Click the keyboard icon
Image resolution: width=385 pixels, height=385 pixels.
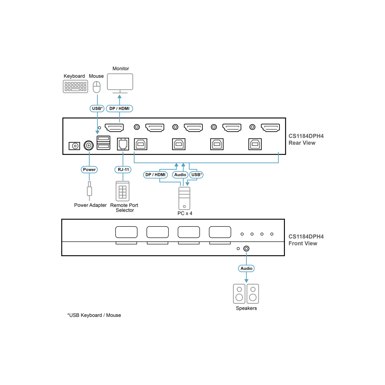(75, 86)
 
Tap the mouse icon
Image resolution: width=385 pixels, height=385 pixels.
(97, 87)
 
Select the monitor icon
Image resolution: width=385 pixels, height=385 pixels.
(120, 84)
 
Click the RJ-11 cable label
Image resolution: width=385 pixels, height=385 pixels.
(123, 169)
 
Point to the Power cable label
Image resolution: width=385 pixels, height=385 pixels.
(89, 169)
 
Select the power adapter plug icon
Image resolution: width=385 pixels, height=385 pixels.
(89, 191)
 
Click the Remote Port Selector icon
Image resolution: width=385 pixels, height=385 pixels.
(122, 191)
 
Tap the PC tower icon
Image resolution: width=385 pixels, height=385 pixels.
(184, 198)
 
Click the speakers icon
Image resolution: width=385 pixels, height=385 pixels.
(246, 294)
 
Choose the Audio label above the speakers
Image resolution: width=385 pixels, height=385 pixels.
(246, 268)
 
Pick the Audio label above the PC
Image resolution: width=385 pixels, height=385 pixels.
(180, 174)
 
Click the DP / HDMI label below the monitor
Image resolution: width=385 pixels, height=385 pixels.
(120, 109)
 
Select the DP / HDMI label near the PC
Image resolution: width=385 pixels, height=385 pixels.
(156, 174)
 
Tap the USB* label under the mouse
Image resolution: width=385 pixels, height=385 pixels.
(97, 109)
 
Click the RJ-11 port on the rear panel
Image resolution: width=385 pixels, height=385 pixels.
(123, 144)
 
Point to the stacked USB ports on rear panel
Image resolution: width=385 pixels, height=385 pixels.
(103, 143)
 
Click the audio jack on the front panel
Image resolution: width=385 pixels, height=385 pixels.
(246, 249)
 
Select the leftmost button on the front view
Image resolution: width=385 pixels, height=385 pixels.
(126, 232)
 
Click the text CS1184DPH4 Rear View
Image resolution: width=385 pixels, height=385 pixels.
(306, 139)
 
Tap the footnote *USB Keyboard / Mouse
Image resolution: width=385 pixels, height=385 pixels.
(94, 315)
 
